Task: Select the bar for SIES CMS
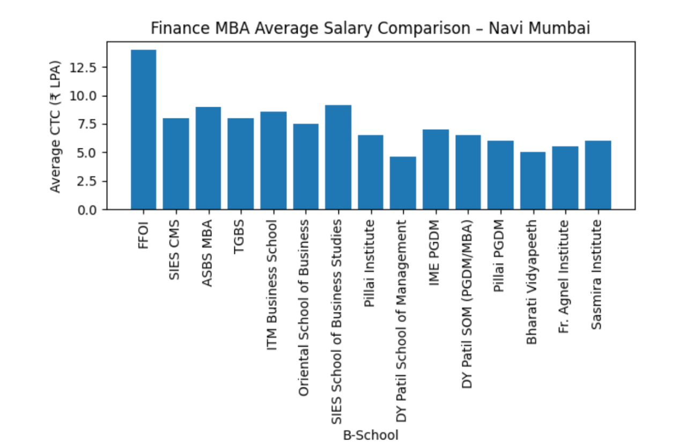pyautogui.click(x=176, y=164)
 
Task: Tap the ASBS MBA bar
pyautogui.click(x=208, y=158)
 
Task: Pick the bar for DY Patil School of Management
pyautogui.click(x=403, y=183)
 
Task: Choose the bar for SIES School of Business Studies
pyautogui.click(x=338, y=157)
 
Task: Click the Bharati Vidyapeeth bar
pyautogui.click(x=533, y=181)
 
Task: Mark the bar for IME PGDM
pyautogui.click(x=435, y=169)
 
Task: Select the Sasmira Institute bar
pyautogui.click(x=597, y=175)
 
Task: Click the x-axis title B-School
pyautogui.click(x=371, y=435)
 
